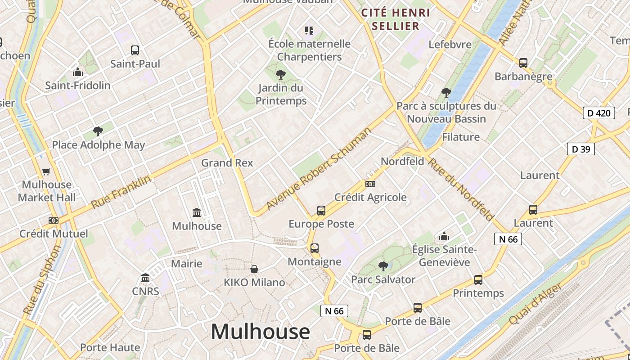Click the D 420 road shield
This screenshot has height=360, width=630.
[599, 113]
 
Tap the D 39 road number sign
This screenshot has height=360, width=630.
[580, 149]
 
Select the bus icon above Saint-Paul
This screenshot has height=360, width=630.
[135, 50]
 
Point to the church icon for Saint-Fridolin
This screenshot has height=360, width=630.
[78, 72]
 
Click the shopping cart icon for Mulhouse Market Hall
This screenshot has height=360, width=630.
[46, 171]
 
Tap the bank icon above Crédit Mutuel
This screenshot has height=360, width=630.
[54, 220]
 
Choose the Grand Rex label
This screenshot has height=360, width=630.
[227, 163]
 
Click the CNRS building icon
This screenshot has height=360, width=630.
[145, 278]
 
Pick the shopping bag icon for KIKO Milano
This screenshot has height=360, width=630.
[254, 269]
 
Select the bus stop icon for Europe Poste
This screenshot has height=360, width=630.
[321, 210]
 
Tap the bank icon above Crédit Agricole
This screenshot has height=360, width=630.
[370, 184]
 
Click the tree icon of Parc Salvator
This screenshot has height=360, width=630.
[383, 266]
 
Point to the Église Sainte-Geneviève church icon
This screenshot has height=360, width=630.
[444, 236]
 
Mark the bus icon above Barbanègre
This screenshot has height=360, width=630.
[523, 63]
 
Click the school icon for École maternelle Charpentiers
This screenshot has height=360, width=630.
[309, 31]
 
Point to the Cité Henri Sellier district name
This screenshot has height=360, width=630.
[396, 19]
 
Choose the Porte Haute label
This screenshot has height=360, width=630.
[110, 347]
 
